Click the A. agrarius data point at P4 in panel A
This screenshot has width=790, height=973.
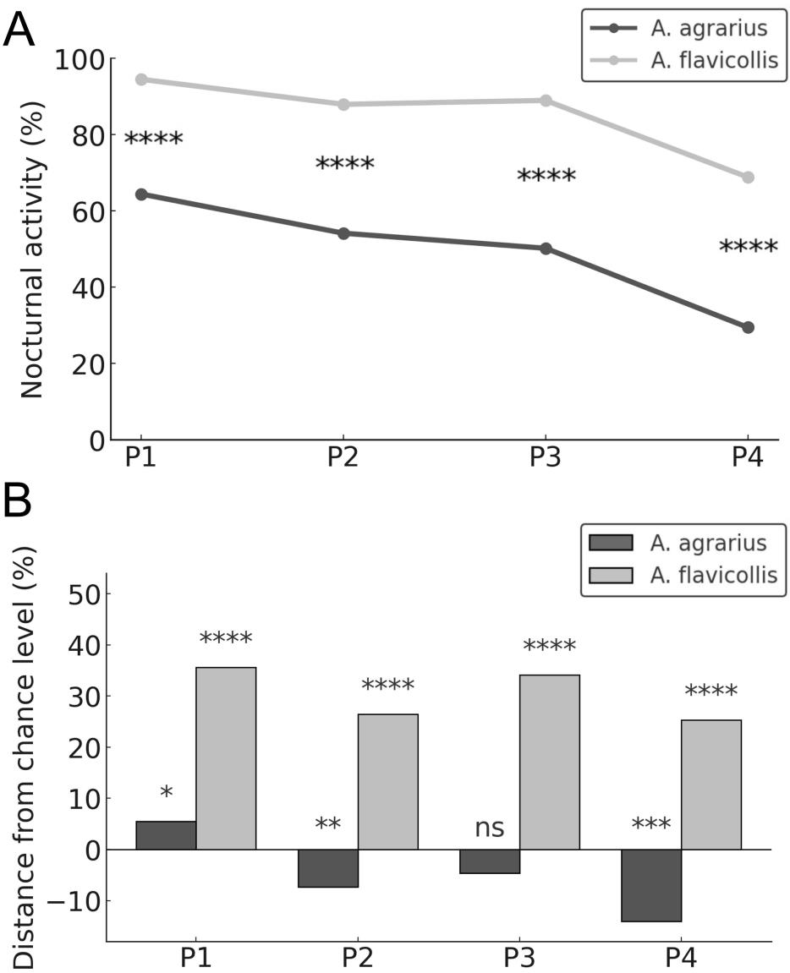point(748,327)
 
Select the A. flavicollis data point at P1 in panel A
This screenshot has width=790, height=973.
point(141,79)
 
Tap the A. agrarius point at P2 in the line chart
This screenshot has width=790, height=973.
point(343,233)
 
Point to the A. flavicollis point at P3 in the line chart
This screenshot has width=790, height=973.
point(546,101)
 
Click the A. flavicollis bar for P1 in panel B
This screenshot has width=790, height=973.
point(226,758)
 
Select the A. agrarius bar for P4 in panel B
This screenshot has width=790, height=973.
point(651,885)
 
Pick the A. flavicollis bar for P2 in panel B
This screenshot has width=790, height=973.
point(388,782)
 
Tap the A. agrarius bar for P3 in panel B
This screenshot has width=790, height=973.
point(490,861)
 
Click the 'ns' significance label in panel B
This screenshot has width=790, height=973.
point(490,828)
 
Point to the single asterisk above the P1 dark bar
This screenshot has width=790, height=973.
point(167,792)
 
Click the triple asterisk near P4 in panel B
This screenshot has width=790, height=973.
point(651,825)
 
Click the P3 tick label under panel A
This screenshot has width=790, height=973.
point(546,458)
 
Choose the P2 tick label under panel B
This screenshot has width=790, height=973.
point(359,959)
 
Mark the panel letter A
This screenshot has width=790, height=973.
point(19,30)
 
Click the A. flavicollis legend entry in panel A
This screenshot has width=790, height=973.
point(683,60)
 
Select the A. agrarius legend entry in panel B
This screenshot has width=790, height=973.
point(678,543)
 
